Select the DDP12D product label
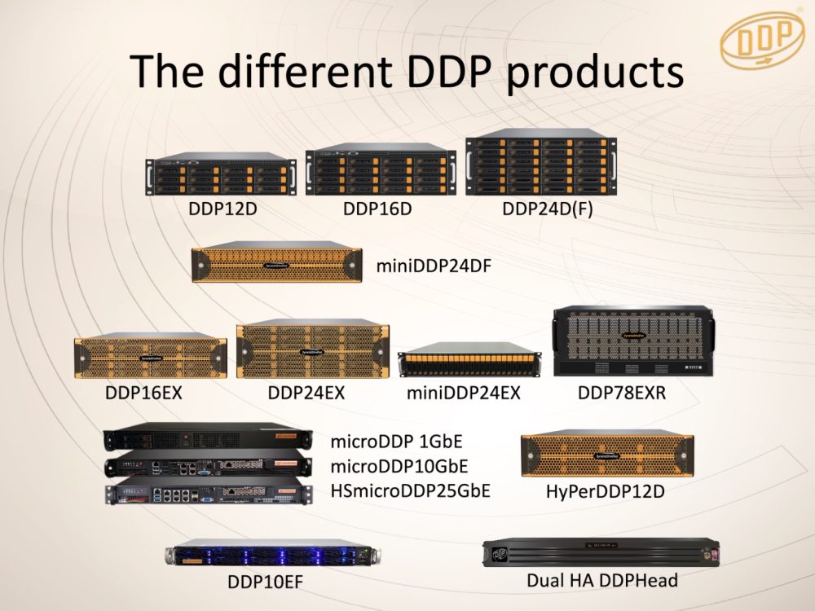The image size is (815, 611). (222, 209)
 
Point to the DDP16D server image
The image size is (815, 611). (378, 172)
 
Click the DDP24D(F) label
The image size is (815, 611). (547, 209)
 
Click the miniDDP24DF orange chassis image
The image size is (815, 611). (277, 263)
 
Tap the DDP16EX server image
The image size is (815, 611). (150, 356)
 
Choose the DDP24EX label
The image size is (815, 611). (306, 393)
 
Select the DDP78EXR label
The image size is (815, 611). (622, 393)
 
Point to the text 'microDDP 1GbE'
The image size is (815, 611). (389, 443)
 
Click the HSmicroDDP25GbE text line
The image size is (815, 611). (410, 490)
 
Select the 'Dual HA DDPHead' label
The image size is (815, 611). (602, 581)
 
